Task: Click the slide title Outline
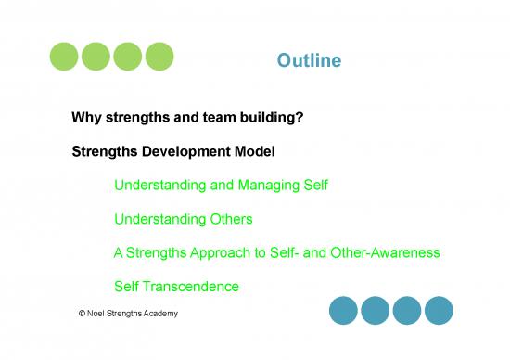(x=309, y=61)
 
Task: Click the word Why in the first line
(x=86, y=119)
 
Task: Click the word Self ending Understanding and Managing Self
(x=314, y=186)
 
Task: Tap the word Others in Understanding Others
(x=231, y=219)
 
